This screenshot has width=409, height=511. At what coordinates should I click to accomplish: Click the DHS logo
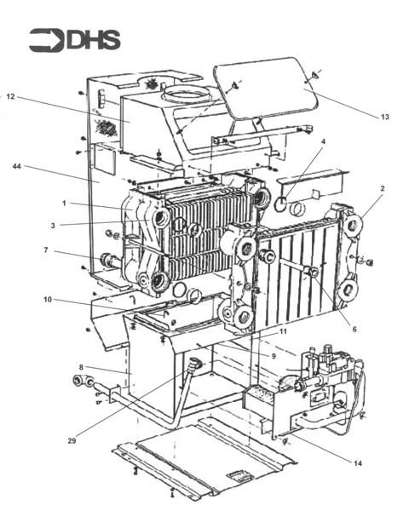[x=74, y=40]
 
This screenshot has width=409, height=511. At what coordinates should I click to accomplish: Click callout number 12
[x=11, y=97]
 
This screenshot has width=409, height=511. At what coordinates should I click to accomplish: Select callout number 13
[x=384, y=117]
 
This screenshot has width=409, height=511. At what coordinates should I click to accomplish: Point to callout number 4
[x=323, y=141]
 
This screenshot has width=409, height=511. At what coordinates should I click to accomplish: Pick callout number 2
[x=383, y=188]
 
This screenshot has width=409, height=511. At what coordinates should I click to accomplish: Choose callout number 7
[x=45, y=251]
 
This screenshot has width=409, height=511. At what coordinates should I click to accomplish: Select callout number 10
[x=49, y=299]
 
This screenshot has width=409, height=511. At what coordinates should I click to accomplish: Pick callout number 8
[x=81, y=367]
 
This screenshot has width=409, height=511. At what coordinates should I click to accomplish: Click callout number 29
[x=72, y=440]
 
